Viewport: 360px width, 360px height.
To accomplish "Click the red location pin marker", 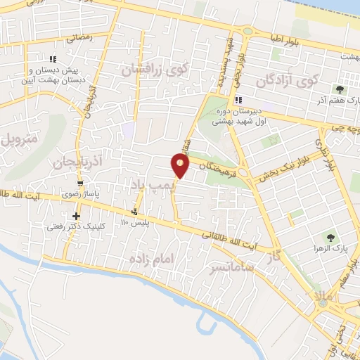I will coord(180,166).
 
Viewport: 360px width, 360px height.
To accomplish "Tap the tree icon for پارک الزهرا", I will coord(327,238).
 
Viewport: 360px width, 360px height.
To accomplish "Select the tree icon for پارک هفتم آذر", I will coord(340,89).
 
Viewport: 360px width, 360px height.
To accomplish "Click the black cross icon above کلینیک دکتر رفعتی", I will coord(76,215).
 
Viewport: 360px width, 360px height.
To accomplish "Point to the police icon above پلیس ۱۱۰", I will coord(134,212).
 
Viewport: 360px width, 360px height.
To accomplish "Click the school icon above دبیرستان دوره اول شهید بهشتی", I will coord(238,99).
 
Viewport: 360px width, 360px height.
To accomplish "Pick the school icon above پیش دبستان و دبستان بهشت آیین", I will coord(52,60).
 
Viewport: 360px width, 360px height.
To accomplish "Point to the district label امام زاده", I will coord(150,260).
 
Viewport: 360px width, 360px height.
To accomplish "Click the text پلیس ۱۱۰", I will coord(135,223).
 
